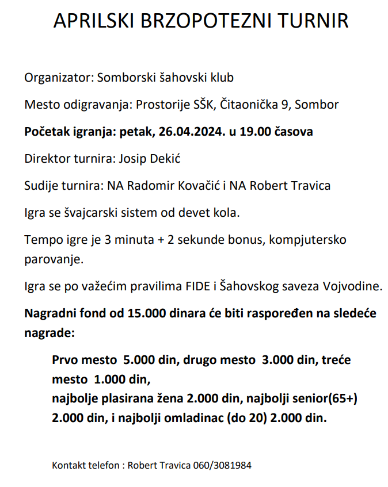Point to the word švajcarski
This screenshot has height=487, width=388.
87,213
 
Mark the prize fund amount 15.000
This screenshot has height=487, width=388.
151,314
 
